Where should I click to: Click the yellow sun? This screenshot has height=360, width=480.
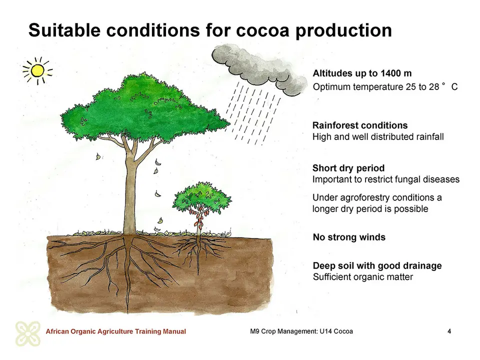pyautogui.click(x=37, y=70)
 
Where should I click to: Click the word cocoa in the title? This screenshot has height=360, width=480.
pyautogui.click(x=262, y=30)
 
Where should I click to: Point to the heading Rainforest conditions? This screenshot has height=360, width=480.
pyautogui.click(x=360, y=125)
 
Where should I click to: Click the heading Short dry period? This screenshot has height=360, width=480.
pyautogui.click(x=348, y=168)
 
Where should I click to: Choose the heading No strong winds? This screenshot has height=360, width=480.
pyautogui.click(x=349, y=237)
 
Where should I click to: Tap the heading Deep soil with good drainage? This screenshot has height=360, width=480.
pyautogui.click(x=377, y=265)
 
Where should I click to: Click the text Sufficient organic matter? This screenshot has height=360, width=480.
pyautogui.click(x=363, y=277)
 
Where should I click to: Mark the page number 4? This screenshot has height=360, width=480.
pyautogui.click(x=449, y=331)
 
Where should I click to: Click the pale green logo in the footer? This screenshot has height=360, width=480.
pyautogui.click(x=28, y=333)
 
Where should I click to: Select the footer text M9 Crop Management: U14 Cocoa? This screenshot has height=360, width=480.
pyautogui.click(x=301, y=331)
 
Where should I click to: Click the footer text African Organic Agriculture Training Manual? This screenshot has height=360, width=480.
pyautogui.click(x=115, y=331)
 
